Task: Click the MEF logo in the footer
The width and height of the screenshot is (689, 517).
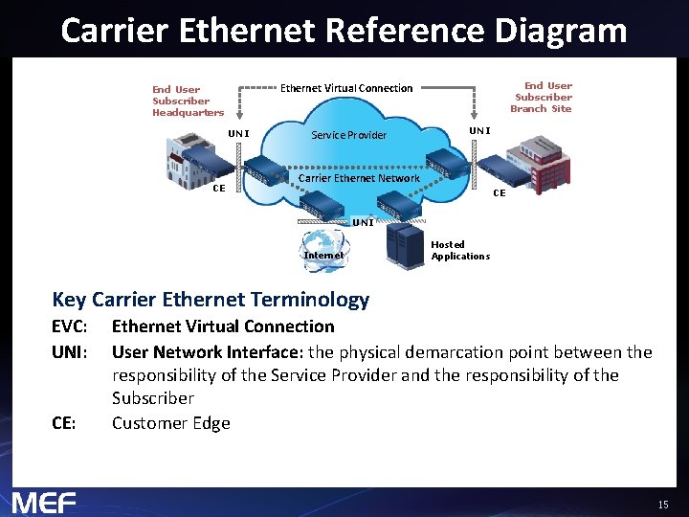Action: (44, 502)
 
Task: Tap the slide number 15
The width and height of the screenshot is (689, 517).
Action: (663, 504)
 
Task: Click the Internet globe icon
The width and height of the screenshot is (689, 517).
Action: (323, 247)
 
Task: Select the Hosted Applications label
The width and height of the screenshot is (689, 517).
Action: (460, 251)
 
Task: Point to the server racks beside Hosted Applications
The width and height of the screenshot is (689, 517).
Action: (404, 245)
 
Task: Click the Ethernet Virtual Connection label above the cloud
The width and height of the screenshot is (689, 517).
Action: (346, 88)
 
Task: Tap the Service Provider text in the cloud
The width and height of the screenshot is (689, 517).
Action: (349, 135)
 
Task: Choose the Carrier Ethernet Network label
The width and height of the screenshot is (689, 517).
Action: (359, 178)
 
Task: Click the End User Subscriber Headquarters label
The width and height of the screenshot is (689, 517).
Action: (188, 101)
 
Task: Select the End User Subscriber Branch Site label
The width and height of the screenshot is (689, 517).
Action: (542, 97)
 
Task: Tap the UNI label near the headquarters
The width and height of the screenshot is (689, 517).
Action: (238, 133)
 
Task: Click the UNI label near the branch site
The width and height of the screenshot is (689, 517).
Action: (478, 130)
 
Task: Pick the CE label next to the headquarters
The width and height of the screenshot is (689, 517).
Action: (218, 188)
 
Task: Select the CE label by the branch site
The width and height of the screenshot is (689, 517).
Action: (499, 193)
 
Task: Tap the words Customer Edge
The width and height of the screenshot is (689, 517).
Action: (171, 422)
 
